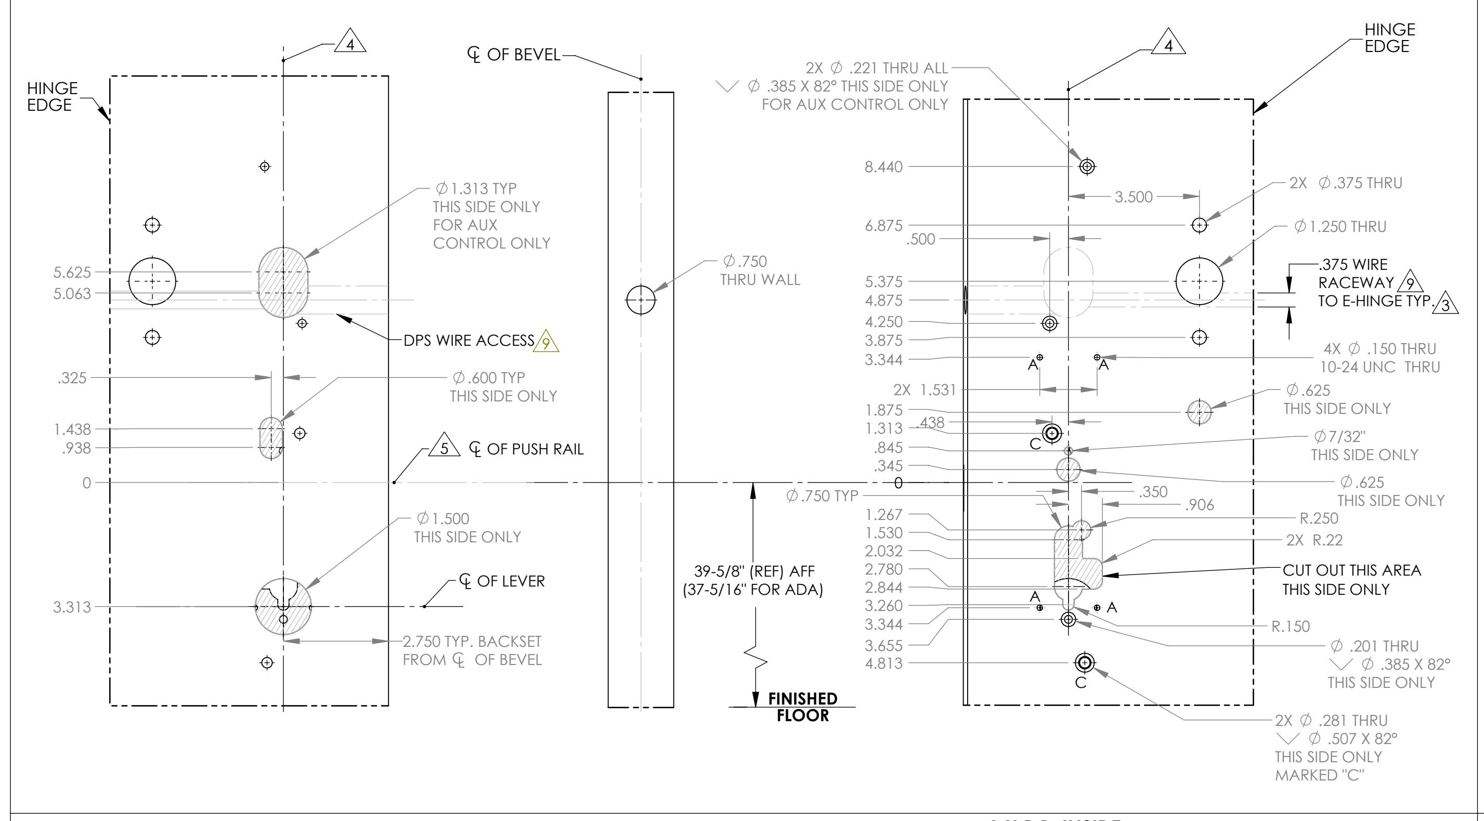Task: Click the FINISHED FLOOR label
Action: [x=802, y=707]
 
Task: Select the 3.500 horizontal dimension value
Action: [x=1133, y=197]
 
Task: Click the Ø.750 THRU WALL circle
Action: [x=641, y=299]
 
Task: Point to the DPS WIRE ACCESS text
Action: [x=469, y=341]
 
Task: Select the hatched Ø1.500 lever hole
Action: [x=283, y=606]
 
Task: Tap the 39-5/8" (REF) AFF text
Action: [x=754, y=571]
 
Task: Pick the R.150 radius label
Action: [x=1291, y=626]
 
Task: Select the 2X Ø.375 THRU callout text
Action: [x=1345, y=183]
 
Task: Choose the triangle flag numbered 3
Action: [x=1446, y=304]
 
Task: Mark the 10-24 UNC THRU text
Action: [x=1379, y=367]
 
